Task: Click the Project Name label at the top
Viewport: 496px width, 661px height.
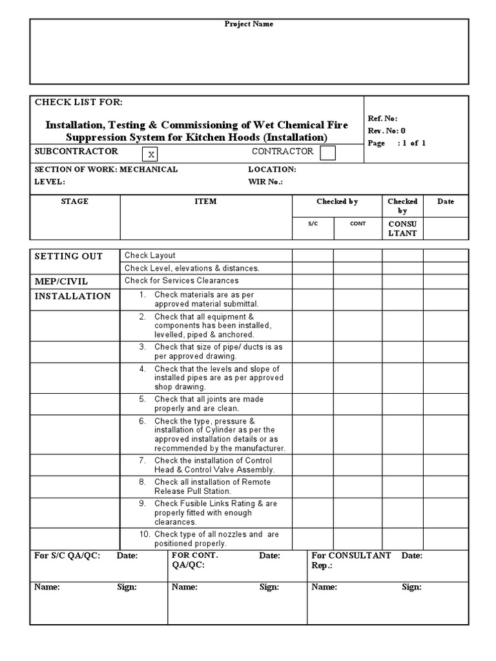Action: tap(249, 24)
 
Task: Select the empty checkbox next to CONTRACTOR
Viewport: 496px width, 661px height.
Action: tap(328, 153)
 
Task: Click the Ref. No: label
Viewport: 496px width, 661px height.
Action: tap(382, 119)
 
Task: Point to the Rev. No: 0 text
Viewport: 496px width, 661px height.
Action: tap(386, 130)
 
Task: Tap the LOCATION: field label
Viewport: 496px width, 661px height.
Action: tap(272, 170)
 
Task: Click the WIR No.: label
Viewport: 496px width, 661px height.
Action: tap(265, 182)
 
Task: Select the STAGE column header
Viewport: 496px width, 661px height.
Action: tap(75, 201)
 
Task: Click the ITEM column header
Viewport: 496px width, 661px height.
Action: tap(205, 201)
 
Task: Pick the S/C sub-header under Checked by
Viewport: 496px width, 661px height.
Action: tap(313, 223)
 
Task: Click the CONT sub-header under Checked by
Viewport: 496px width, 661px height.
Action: tap(358, 223)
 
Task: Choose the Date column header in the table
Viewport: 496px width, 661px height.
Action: tap(446, 201)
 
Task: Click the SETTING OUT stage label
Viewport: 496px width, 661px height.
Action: tap(68, 256)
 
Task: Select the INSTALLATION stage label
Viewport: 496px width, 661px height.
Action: tap(72, 296)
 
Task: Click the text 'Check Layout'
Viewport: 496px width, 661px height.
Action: tap(150, 256)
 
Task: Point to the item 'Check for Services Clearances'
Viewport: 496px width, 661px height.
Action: tap(181, 281)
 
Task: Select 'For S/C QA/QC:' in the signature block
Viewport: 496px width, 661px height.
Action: tap(67, 556)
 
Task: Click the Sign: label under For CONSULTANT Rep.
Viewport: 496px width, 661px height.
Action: tap(411, 587)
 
